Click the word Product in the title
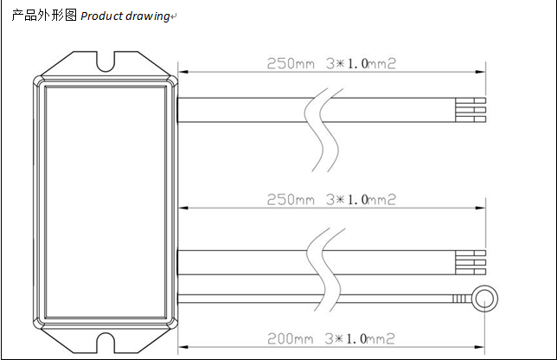click(103, 16)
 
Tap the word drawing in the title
click(148, 16)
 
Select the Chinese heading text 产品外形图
click(44, 16)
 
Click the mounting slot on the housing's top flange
click(106, 61)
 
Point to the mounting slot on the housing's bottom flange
click(106, 347)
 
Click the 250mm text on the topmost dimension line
click(291, 65)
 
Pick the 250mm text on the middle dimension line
click(291, 199)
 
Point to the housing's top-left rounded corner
click(37, 80)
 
